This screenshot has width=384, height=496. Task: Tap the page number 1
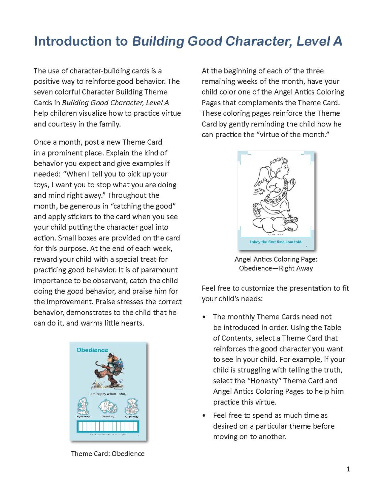click(x=348, y=469)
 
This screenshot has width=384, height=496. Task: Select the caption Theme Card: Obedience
click(x=107, y=454)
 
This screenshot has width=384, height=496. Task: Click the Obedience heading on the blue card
click(x=92, y=350)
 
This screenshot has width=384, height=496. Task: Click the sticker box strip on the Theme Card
click(x=108, y=426)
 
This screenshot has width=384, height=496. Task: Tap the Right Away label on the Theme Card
click(x=83, y=417)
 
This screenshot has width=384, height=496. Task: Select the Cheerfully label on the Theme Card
click(x=108, y=417)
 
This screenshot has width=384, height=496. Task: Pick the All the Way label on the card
click(x=131, y=417)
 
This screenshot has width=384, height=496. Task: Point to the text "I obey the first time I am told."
click(x=276, y=242)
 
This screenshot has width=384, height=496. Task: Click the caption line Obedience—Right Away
click(x=276, y=268)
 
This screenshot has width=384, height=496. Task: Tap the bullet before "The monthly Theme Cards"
click(x=204, y=317)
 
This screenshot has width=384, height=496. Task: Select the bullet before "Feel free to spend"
click(x=204, y=416)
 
